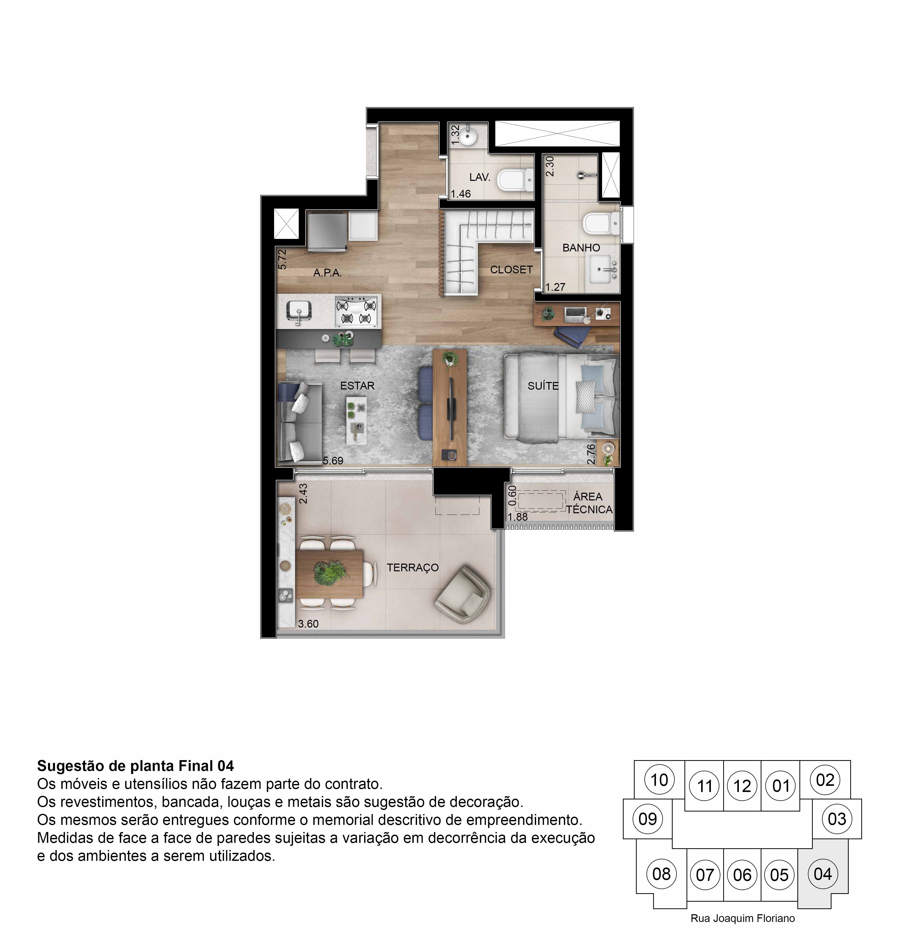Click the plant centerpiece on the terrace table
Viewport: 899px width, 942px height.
coord(330,572)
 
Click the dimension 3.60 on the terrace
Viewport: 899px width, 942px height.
coord(308,624)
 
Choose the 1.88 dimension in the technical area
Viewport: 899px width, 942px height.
coord(518,517)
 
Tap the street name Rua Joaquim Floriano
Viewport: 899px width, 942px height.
coord(743,919)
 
